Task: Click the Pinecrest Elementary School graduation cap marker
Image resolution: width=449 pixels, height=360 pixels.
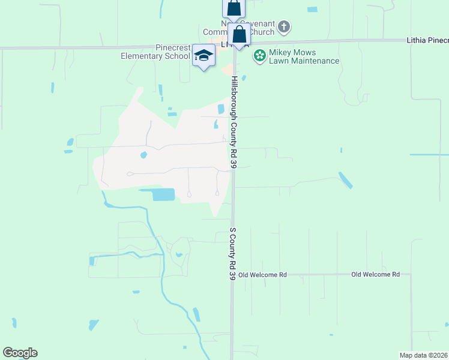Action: [204, 56]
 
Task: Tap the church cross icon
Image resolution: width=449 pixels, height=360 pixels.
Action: [284, 27]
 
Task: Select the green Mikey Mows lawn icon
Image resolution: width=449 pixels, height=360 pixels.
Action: [259, 56]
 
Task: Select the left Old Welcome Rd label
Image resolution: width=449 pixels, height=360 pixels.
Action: [262, 274]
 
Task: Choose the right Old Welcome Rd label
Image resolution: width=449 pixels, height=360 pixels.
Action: [375, 274]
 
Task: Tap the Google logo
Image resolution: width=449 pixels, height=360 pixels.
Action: [20, 353]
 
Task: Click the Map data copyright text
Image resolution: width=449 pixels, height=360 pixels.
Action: [424, 355]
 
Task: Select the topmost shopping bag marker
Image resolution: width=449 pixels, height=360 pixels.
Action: [234, 8]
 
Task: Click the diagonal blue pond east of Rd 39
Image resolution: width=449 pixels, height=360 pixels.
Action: [345, 180]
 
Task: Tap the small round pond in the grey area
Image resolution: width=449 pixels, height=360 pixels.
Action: [143, 155]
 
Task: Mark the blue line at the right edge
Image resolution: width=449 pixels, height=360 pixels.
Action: [429, 155]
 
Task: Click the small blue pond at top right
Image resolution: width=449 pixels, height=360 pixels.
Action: [312, 10]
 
